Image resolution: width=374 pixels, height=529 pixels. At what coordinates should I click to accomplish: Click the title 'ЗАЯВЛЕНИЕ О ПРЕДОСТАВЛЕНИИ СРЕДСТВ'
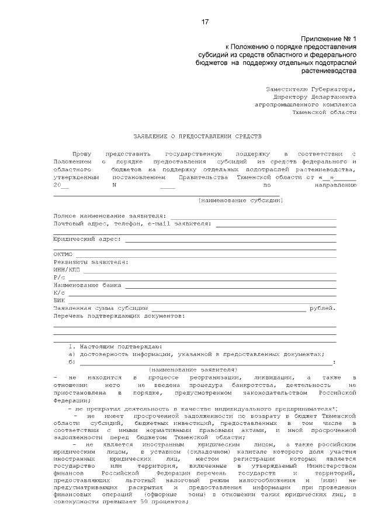(192, 135)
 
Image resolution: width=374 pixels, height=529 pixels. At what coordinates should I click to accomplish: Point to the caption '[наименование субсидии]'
(240, 200)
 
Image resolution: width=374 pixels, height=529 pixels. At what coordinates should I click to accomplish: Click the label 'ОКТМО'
(63, 254)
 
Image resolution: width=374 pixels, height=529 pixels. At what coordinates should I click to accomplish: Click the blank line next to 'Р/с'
(202, 278)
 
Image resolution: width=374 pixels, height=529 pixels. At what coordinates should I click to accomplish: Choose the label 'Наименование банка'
(87, 285)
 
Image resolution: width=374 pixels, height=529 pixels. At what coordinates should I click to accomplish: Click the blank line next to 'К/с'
(202, 293)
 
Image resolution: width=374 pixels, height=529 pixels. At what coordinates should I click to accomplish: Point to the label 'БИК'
(59, 300)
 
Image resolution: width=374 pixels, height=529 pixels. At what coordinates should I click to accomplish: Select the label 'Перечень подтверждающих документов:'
(119, 316)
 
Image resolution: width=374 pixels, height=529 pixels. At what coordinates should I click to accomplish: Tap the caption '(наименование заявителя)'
(193, 369)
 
